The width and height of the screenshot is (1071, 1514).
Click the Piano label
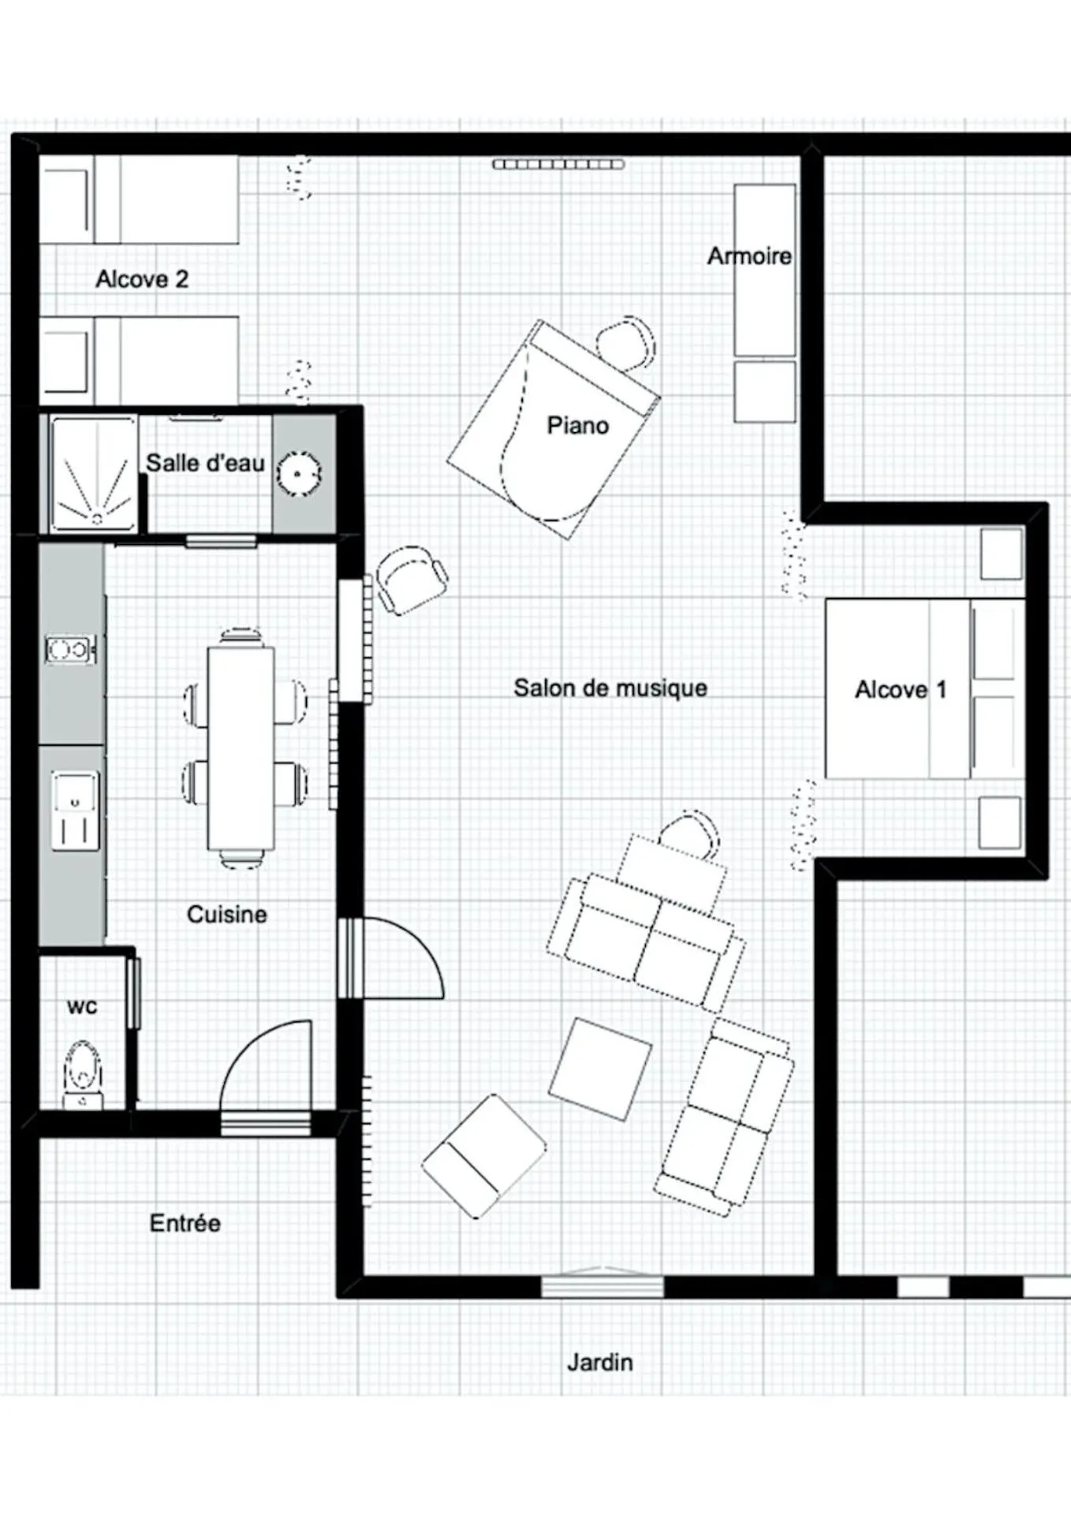[x=577, y=426]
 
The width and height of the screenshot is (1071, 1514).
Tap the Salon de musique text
[x=610, y=688]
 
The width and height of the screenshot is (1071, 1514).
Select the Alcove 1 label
[x=901, y=690]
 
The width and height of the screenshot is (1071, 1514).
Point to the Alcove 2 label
[x=142, y=279]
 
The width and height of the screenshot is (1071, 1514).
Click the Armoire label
[x=749, y=256]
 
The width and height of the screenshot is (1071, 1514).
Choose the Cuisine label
[x=226, y=915]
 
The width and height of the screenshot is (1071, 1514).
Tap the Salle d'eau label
[x=205, y=463]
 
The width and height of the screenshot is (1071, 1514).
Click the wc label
[x=82, y=1007]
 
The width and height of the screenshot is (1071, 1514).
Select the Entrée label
[x=185, y=1223]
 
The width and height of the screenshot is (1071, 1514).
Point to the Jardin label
[x=599, y=1362]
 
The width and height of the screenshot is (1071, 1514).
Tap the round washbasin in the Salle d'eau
[x=299, y=474]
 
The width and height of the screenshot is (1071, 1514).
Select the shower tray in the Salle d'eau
[x=94, y=472]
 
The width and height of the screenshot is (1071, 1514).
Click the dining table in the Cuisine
[x=241, y=748]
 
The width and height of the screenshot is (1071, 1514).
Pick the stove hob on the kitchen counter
[x=71, y=650]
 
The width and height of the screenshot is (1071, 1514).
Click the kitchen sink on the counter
[x=76, y=811]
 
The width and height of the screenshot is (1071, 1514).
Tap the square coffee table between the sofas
[x=600, y=1069]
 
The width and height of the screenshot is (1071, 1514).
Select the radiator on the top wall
[x=558, y=164]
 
